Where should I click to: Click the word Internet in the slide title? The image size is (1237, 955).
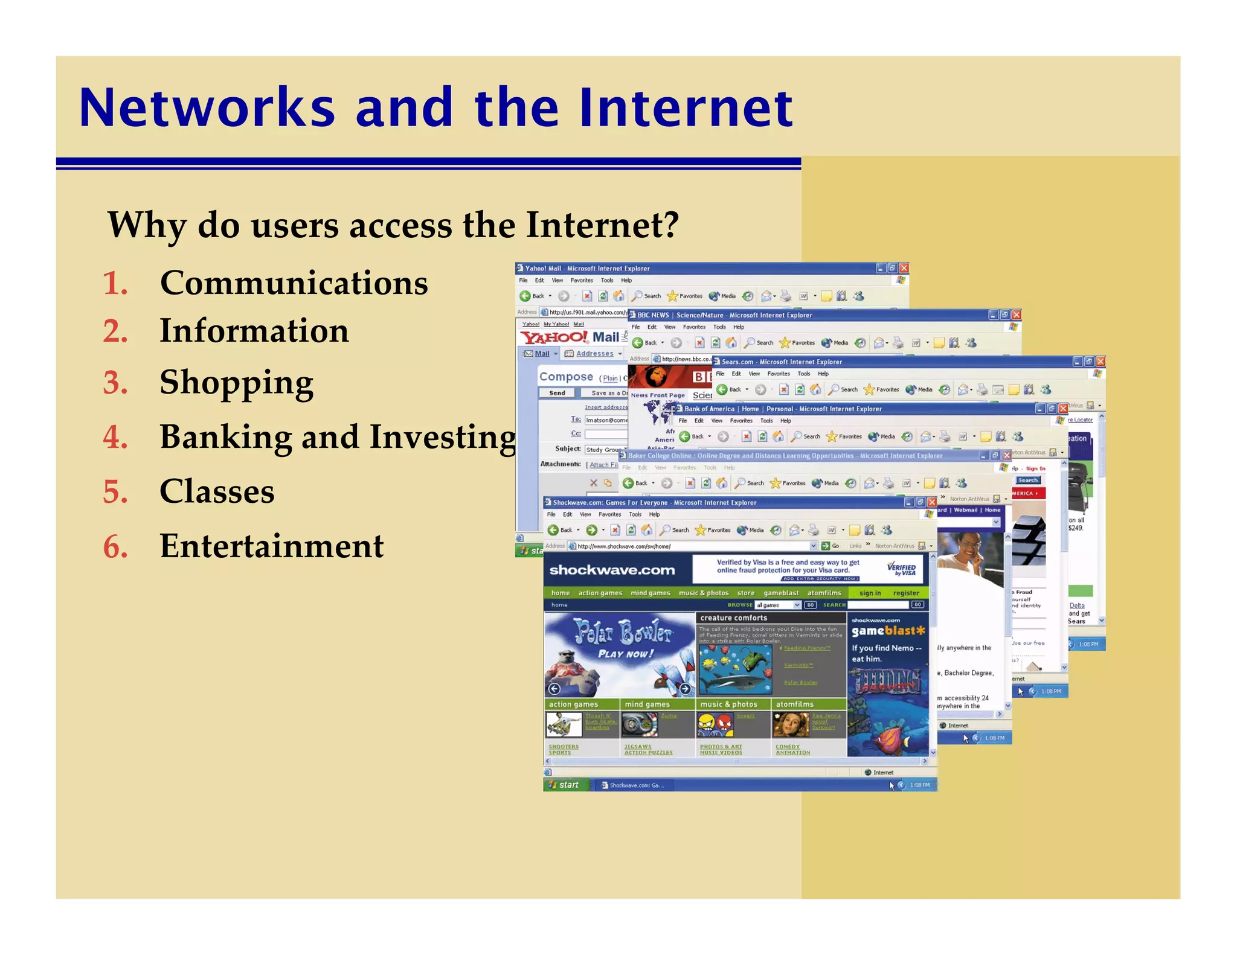coord(686,108)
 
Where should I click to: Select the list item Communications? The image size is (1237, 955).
coord(294,283)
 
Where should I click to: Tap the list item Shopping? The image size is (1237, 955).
coord(236,383)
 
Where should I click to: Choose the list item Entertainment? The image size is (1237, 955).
coord(271,546)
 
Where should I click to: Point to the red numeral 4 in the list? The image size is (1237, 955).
coord(115,438)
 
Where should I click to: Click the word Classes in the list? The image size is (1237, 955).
coord(217,491)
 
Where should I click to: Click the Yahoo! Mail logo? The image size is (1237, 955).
coord(570,337)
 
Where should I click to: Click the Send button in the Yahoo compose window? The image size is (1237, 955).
coord(557,393)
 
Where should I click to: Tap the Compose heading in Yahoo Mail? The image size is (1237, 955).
coord(566,377)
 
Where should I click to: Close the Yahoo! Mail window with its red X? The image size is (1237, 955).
coord(904,268)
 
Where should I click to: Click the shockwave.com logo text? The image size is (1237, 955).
coord(612,570)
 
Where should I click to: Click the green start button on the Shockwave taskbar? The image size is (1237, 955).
coord(565,785)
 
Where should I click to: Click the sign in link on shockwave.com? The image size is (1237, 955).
coord(870,593)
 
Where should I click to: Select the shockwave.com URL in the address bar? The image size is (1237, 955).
coord(624,546)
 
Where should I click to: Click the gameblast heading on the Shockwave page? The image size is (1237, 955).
coord(887,631)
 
